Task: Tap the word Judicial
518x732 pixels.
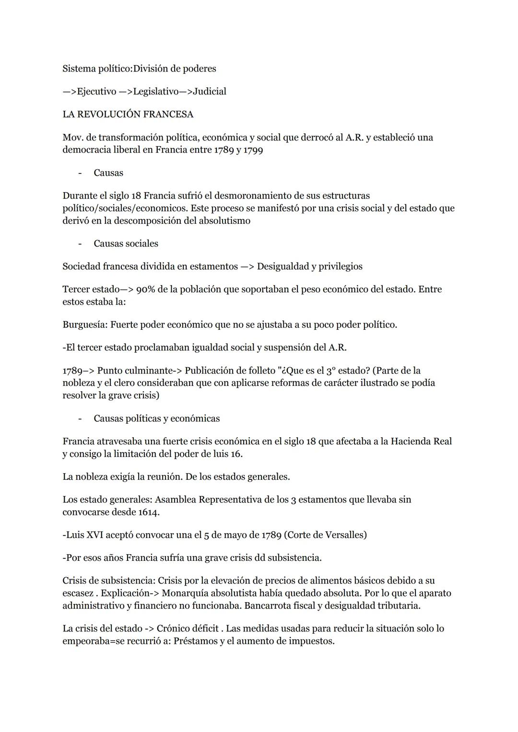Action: tap(210, 92)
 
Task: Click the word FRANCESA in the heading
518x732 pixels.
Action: tap(168, 115)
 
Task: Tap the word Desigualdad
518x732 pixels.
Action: tap(283, 267)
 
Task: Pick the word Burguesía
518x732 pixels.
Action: tap(84, 325)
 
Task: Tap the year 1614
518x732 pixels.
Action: tap(149, 512)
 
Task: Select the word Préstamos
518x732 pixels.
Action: tap(195, 641)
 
